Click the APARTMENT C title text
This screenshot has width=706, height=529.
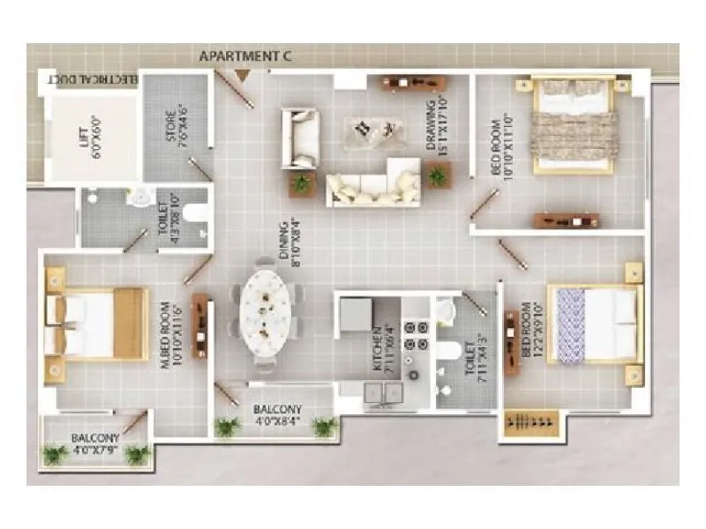coord(245,56)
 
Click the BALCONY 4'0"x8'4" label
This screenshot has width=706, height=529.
coord(277,415)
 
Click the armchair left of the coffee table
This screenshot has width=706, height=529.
coord(300,138)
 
